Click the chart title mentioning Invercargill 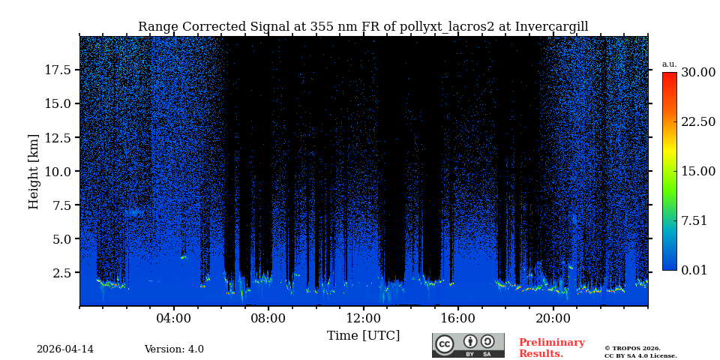click(x=363, y=27)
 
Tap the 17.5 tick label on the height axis click(x=58, y=70)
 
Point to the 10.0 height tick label click(x=58, y=171)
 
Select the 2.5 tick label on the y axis click(x=61, y=273)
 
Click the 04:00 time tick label click(x=174, y=318)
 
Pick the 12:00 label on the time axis click(x=363, y=318)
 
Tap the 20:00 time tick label click(x=553, y=318)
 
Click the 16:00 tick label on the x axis click(x=457, y=318)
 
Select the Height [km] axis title click(x=34, y=171)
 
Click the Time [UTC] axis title click(x=363, y=335)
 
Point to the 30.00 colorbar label click(x=697, y=73)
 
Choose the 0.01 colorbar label click(x=694, y=270)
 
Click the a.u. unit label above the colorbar click(x=669, y=64)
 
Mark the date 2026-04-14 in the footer click(x=65, y=349)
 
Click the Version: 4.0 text click(x=174, y=349)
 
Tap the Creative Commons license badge click(x=468, y=345)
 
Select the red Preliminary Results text click(x=551, y=348)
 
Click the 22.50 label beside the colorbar click(x=697, y=121)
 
